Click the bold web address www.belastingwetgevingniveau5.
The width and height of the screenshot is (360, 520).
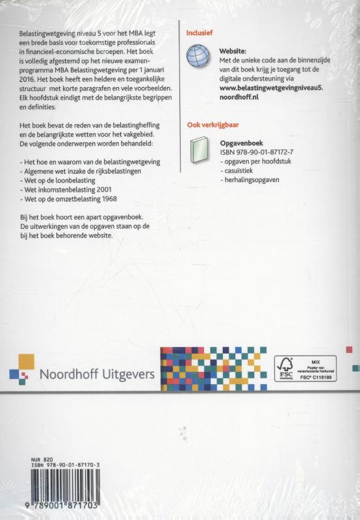[x=268, y=85]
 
